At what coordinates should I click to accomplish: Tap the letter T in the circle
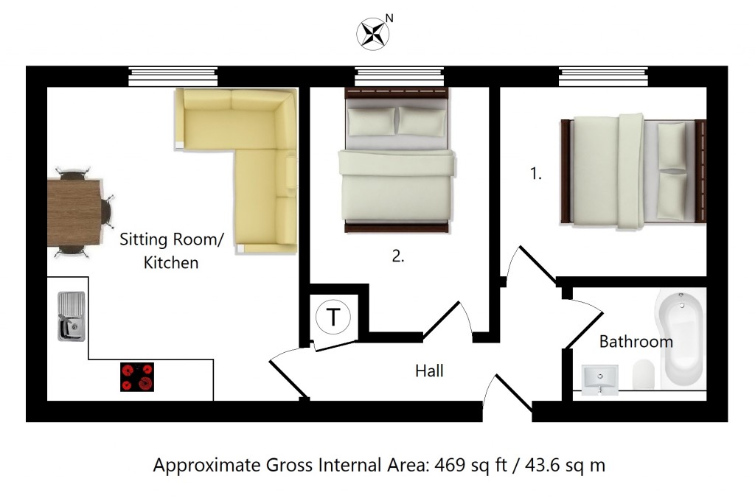(x=333, y=318)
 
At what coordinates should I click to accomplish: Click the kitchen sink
(x=71, y=316)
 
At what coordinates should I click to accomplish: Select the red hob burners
(x=137, y=376)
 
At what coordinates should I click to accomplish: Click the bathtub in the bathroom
(x=681, y=339)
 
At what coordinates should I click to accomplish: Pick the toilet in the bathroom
(x=643, y=374)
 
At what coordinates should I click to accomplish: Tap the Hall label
(x=429, y=371)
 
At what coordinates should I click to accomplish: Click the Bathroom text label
(x=636, y=342)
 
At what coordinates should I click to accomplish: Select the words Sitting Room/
(x=171, y=240)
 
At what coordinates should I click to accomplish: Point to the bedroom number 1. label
(x=536, y=175)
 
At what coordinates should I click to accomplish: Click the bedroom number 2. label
(x=398, y=256)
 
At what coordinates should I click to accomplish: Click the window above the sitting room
(x=173, y=76)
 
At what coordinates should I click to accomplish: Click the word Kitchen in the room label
(x=170, y=262)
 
